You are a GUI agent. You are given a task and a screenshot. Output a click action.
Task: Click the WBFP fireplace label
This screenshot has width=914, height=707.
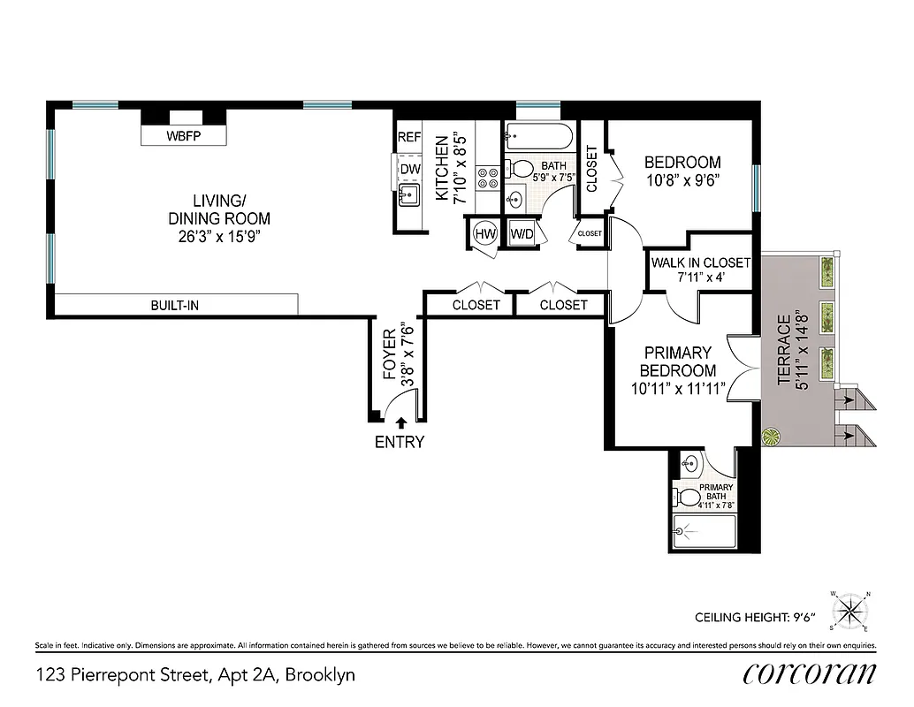click(x=184, y=137)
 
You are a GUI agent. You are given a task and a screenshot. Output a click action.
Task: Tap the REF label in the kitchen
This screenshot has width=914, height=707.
click(x=409, y=138)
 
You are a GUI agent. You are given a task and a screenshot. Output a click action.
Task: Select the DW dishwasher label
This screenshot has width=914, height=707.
click(x=409, y=169)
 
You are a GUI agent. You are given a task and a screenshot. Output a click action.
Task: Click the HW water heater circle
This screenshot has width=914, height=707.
click(x=484, y=234)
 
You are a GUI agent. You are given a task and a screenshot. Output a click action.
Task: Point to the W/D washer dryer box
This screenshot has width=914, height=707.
click(x=522, y=234)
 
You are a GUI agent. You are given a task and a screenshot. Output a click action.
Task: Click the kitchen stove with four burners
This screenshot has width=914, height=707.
click(x=488, y=179)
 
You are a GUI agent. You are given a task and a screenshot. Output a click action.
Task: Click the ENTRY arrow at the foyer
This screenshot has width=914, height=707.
click(x=400, y=423)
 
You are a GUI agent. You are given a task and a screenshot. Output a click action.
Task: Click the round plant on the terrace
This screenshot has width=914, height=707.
click(x=772, y=437)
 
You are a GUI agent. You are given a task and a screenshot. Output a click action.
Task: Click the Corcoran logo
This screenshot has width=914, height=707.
click(x=809, y=674)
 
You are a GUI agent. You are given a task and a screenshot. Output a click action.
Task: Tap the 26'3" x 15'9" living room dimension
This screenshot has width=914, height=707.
click(x=219, y=237)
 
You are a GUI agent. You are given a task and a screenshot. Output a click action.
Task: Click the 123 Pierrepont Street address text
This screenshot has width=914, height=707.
click(x=195, y=675)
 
